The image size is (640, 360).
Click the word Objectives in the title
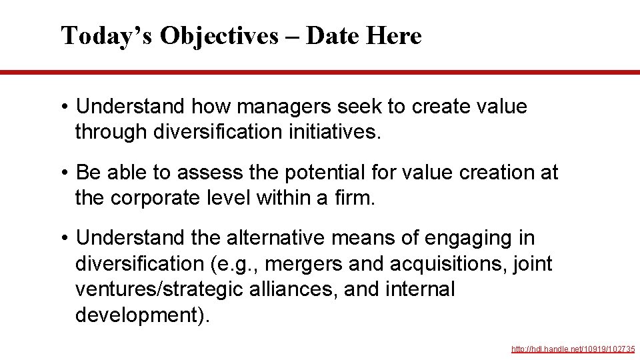219,36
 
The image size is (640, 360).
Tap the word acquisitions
453,264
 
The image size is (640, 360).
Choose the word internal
422,289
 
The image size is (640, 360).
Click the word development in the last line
138,315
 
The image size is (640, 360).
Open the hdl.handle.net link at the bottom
573,349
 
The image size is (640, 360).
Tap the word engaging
466,238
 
